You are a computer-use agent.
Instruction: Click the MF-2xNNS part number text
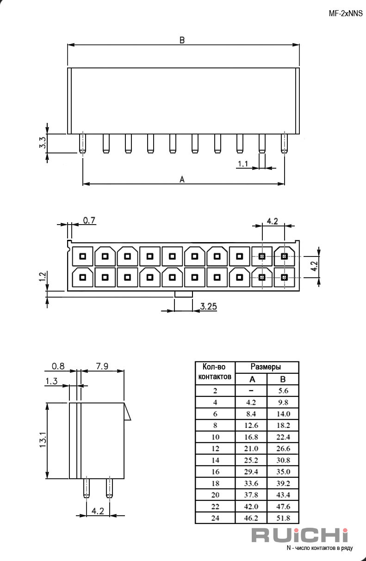[346, 13]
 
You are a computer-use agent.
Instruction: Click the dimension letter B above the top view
[182, 40]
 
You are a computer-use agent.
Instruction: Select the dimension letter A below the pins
[182, 179]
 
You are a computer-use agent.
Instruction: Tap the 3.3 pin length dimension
[43, 142]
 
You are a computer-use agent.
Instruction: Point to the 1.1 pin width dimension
[242, 164]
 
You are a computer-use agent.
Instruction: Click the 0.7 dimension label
[89, 220]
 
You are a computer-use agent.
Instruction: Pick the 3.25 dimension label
[208, 306]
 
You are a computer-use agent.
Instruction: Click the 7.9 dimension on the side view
[102, 366]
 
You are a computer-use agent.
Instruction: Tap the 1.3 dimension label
[51, 381]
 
